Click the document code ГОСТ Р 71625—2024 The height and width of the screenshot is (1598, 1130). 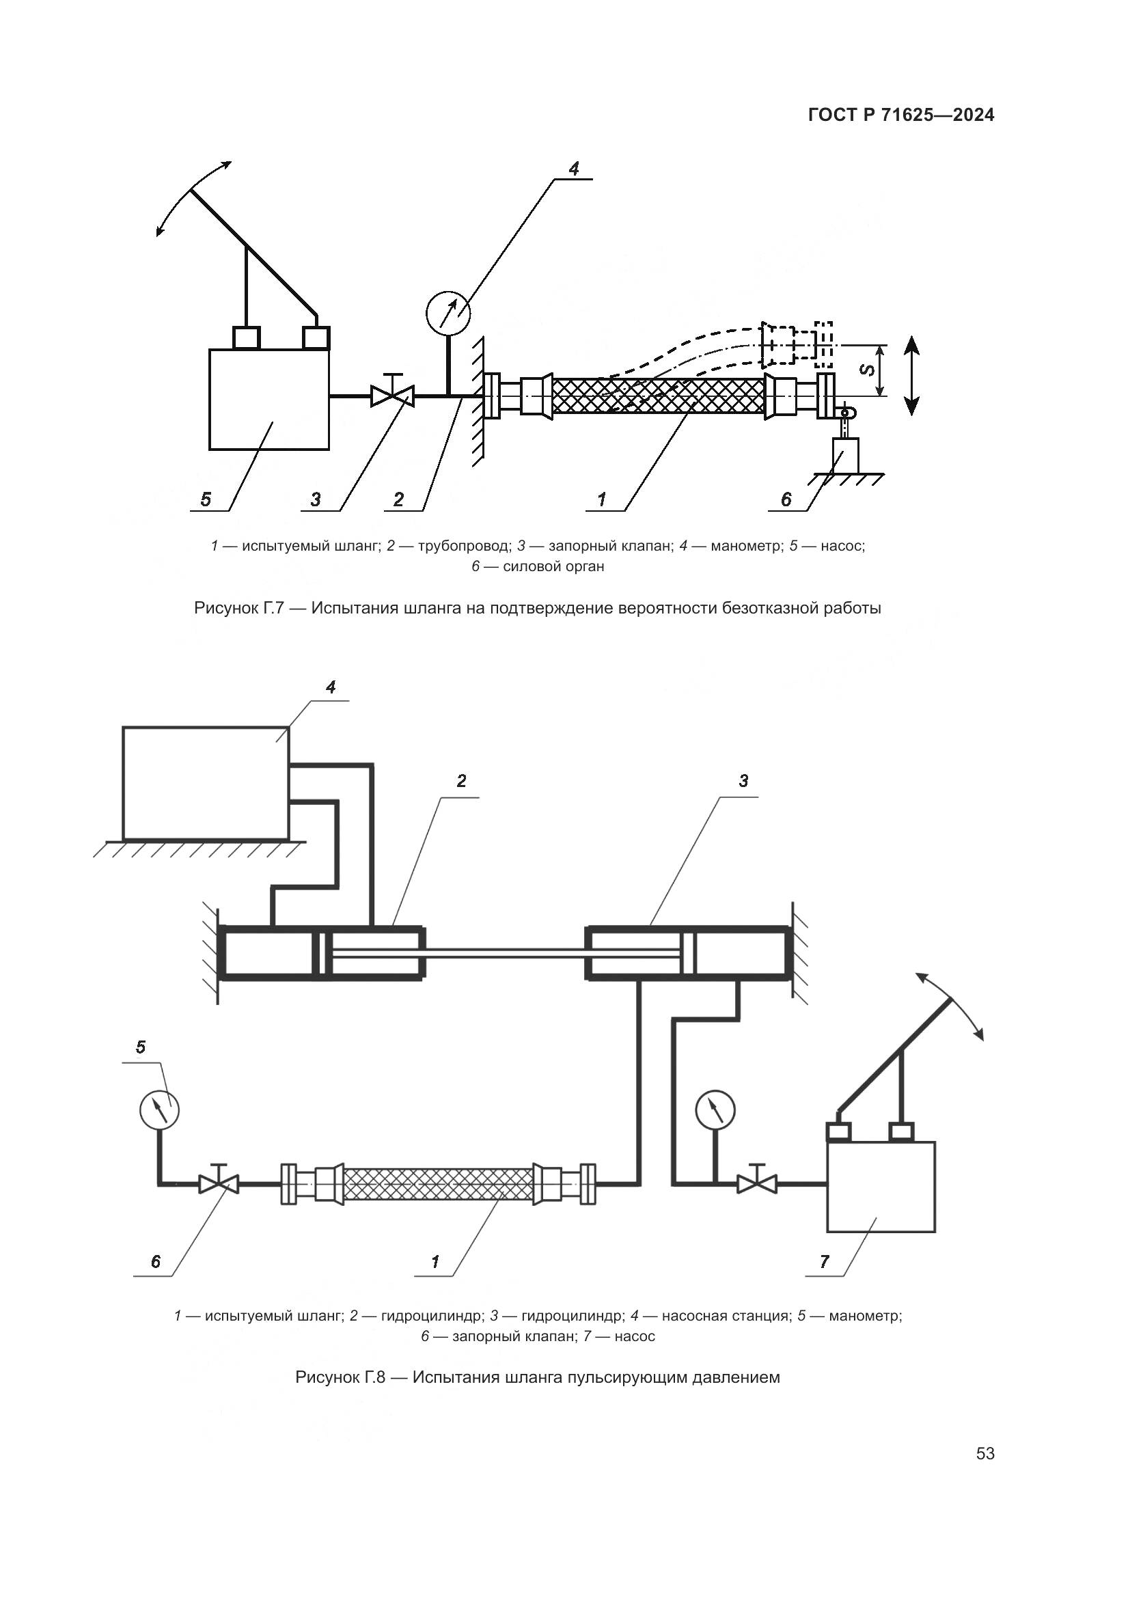point(901,115)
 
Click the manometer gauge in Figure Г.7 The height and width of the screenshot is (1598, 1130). point(447,314)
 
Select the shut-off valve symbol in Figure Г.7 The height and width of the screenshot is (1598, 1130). point(391,397)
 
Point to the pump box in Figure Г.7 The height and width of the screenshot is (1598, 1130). point(268,400)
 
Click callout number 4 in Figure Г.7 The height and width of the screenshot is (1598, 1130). point(573,169)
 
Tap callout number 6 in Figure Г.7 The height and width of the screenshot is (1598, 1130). point(786,499)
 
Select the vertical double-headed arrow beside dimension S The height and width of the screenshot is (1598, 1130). point(912,376)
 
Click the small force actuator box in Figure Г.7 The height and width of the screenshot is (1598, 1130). point(845,455)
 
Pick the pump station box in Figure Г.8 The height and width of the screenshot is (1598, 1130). point(205,784)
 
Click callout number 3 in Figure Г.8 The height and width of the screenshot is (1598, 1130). point(743,781)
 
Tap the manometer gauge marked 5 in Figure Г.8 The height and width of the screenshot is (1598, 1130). point(159,1110)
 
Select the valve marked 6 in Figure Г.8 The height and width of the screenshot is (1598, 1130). point(219,1183)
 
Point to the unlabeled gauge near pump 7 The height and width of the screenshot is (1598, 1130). point(715,1109)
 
